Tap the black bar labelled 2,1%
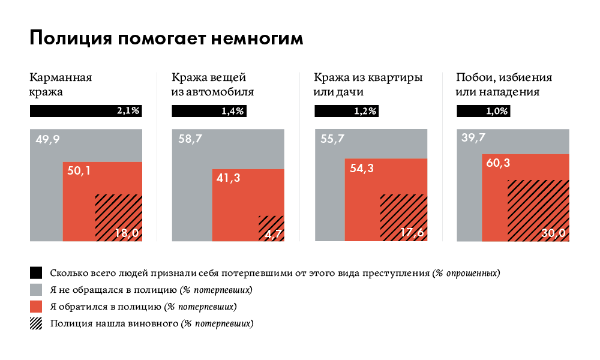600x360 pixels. [85, 111]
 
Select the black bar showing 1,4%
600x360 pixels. [209, 111]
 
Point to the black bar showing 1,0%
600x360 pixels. [484, 111]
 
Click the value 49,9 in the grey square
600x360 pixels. [48, 140]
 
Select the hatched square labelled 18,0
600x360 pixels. [119, 217]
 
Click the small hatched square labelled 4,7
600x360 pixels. [271, 228]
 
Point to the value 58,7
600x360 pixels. [191, 140]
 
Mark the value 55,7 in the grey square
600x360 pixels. [333, 140]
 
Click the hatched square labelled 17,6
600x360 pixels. [404, 217]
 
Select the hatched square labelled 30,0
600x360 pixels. [539, 210]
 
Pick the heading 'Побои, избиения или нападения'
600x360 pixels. [504, 85]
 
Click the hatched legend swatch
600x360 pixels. [37, 323]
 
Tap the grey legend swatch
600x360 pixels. [37, 290]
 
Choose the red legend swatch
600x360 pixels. [37, 307]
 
